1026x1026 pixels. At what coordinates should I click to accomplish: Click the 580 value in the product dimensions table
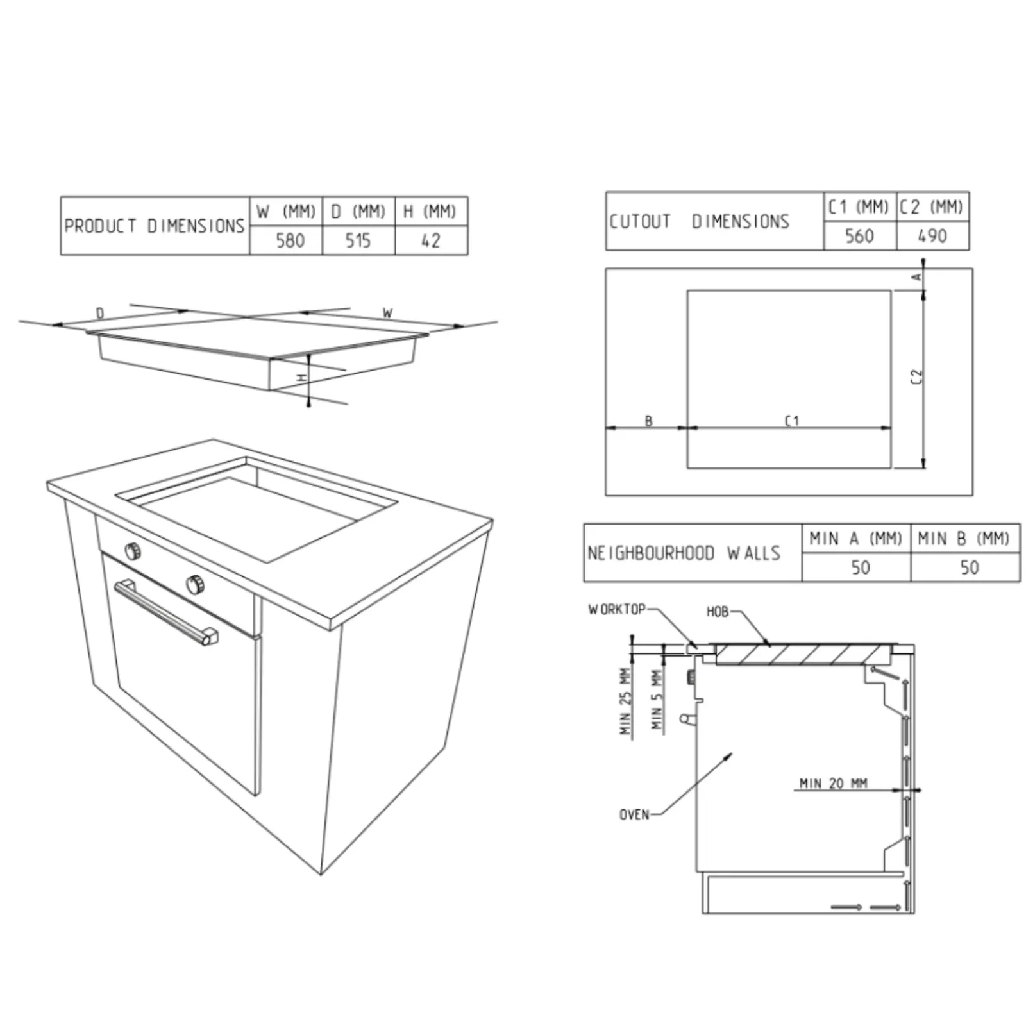pos(290,240)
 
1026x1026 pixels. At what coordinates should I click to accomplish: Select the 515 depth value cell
pos(358,240)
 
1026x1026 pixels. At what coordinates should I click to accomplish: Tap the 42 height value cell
pos(431,240)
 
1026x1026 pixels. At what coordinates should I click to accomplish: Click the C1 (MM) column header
pos(858,207)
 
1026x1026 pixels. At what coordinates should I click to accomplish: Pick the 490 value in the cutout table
pos(932,236)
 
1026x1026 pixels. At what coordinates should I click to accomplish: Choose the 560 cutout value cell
pos(859,236)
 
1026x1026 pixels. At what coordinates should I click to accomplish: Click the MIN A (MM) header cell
pos(855,539)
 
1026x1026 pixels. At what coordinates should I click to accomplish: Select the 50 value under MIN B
pos(969,568)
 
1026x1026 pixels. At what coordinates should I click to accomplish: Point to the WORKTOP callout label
pos(617,609)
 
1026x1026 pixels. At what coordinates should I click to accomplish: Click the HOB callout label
pos(718,612)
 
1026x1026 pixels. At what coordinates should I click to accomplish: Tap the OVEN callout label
pos(634,814)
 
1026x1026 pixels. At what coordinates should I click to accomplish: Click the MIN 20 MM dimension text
pos(833,783)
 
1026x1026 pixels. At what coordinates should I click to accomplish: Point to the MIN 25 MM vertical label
pos(625,702)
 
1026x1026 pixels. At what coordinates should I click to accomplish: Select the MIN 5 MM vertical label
pos(657,700)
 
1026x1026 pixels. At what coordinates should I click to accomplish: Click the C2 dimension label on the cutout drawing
pos(917,377)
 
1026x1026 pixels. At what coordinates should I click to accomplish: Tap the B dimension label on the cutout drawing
pos(648,421)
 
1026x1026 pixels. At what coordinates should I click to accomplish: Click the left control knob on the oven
pos(133,550)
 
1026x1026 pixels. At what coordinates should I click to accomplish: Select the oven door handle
pos(165,611)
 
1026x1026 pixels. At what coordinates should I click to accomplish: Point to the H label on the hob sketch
pos(303,378)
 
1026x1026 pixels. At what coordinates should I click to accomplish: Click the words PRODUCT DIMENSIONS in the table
pos(155,226)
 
